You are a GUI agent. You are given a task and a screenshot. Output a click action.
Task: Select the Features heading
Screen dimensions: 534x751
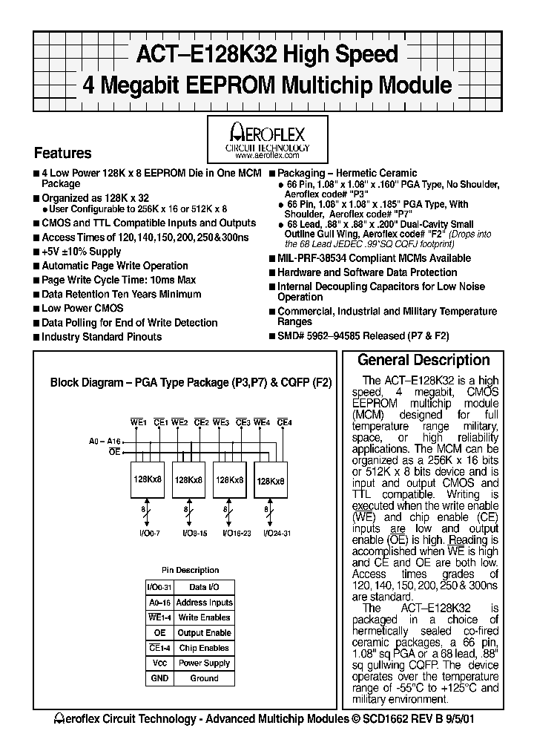click(63, 154)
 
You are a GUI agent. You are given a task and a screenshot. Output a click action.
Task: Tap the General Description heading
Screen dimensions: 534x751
click(423, 361)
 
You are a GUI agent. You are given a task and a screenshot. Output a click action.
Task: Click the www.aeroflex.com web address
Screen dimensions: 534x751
click(267, 156)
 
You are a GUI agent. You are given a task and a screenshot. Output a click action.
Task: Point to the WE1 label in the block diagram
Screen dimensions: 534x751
click(139, 422)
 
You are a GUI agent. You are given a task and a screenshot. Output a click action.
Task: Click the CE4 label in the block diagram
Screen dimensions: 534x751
click(284, 422)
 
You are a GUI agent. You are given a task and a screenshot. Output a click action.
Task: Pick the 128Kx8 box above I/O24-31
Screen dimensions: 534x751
click(271, 481)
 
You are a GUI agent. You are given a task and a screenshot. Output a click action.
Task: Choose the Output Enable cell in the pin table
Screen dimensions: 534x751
click(204, 633)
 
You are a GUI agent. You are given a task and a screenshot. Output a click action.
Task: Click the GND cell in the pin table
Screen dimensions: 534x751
click(159, 678)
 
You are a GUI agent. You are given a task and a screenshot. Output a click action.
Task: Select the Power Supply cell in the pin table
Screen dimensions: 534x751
click(204, 663)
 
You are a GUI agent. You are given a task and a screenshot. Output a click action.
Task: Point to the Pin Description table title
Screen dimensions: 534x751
click(190, 570)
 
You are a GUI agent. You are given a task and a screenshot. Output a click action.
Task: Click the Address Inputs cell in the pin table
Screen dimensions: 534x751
click(204, 603)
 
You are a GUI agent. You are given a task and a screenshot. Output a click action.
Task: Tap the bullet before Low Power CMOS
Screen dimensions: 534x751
click(36, 309)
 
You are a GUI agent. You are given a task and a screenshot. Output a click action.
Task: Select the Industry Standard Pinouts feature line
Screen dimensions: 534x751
click(102, 337)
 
